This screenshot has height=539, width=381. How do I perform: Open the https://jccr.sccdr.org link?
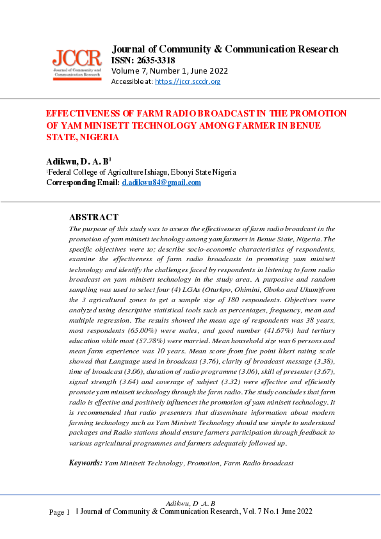pyautogui.click(x=188, y=82)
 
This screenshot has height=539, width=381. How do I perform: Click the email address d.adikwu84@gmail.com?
pyautogui.click(x=161, y=182)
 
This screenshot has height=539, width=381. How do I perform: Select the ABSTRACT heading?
pyautogui.click(x=93, y=217)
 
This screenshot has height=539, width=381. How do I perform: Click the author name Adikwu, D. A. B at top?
pyautogui.click(x=78, y=161)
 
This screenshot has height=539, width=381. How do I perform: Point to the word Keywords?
pyautogui.click(x=86, y=462)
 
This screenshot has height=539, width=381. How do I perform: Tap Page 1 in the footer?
pyautogui.click(x=60, y=512)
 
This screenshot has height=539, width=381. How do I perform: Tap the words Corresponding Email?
pyautogui.click(x=83, y=182)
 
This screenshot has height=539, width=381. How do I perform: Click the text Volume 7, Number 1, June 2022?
pyautogui.click(x=170, y=71)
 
